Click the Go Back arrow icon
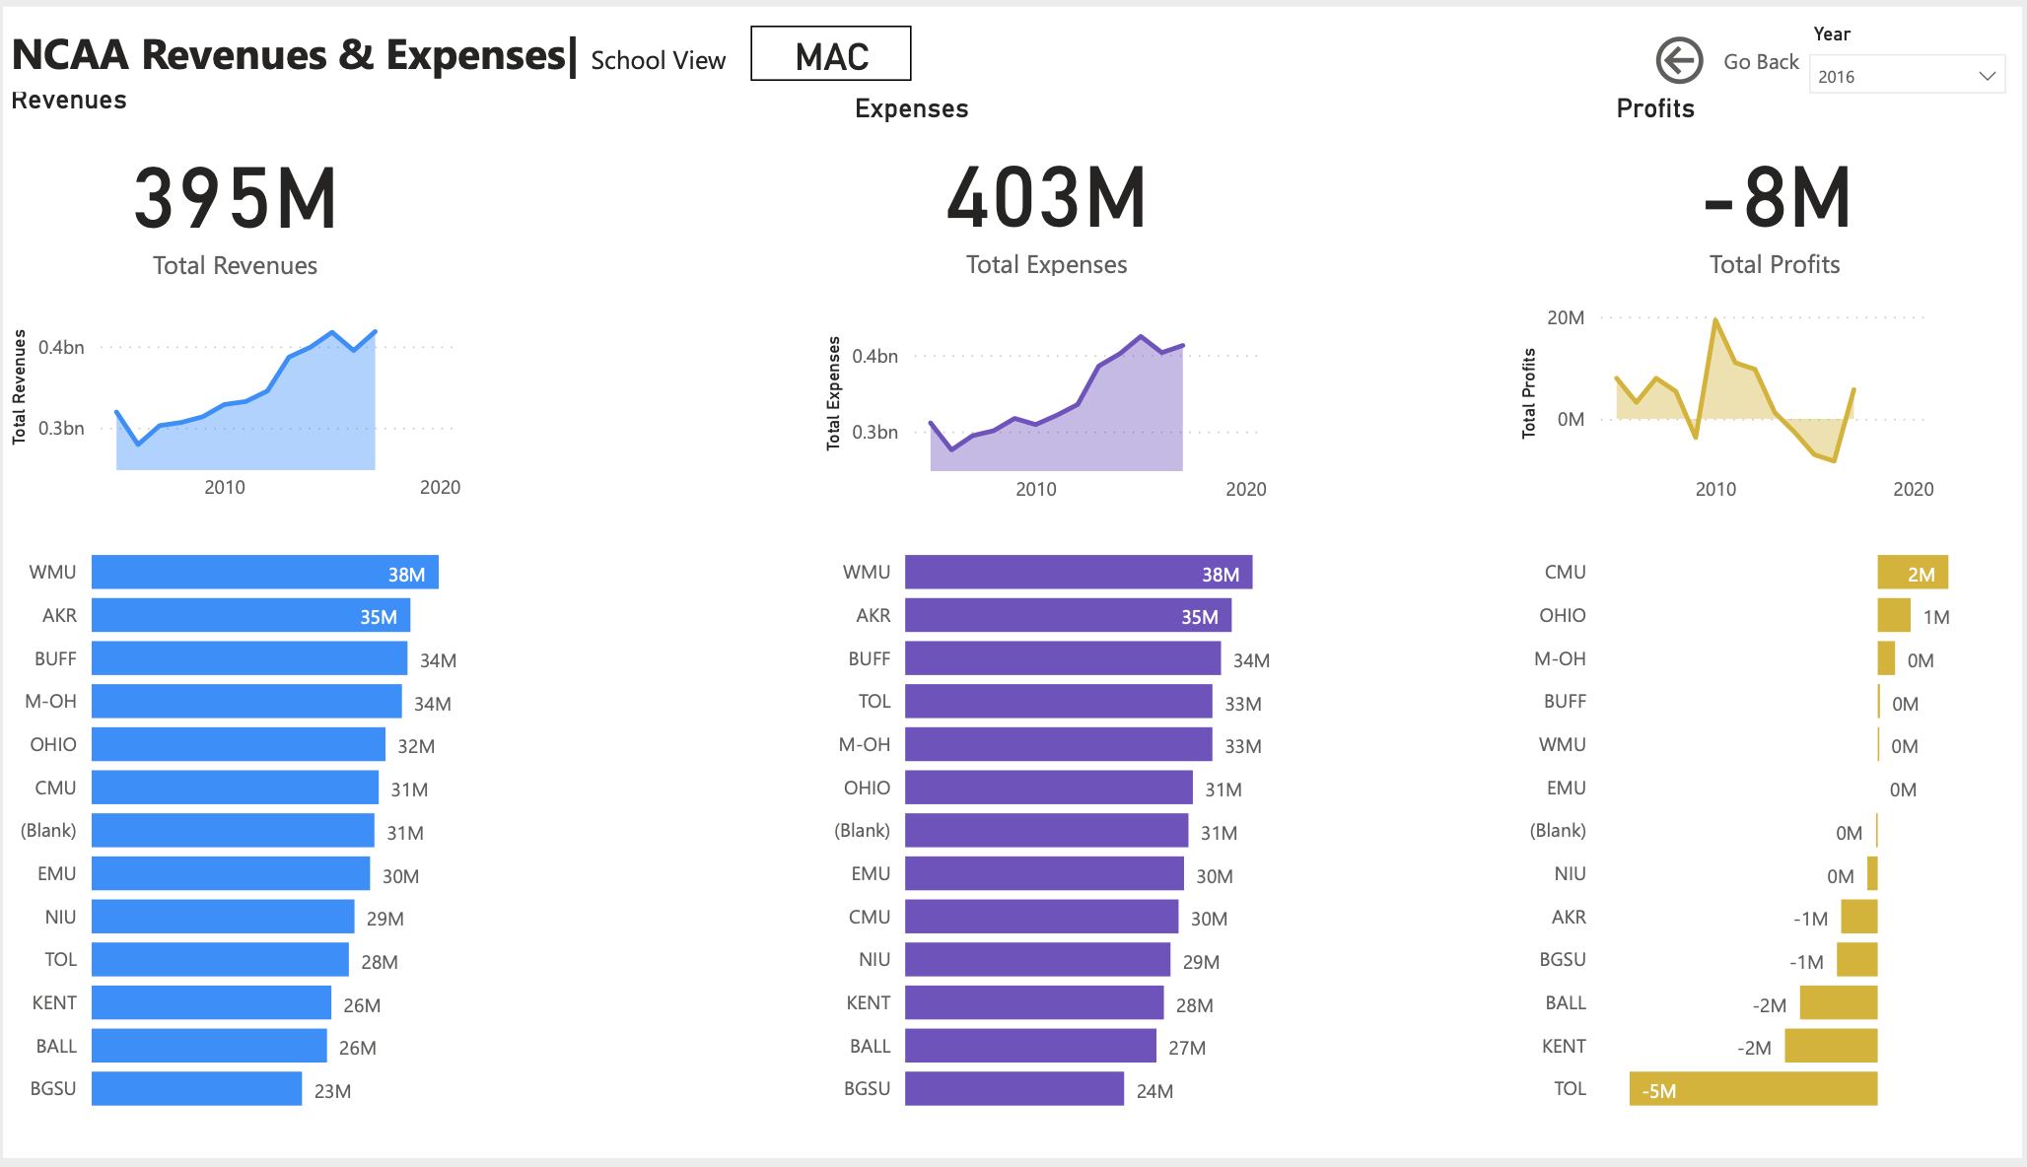tap(1679, 61)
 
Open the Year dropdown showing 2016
tap(1906, 76)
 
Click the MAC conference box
tap(830, 54)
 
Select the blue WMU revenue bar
tap(264, 573)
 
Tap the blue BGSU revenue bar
tap(196, 1089)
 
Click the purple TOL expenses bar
tap(1058, 702)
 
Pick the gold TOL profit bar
tap(1753, 1089)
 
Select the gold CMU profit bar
tap(1912, 573)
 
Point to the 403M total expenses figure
tap(1046, 199)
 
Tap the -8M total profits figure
tap(1776, 199)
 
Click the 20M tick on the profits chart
tap(1565, 317)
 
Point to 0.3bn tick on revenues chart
tap(61, 428)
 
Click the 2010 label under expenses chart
tap(1035, 489)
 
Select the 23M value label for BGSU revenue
tap(332, 1091)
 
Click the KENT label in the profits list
tap(1564, 1046)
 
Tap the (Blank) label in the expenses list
tap(862, 830)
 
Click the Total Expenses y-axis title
tap(834, 393)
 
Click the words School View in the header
tap(658, 61)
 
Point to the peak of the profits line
tap(1715, 319)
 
